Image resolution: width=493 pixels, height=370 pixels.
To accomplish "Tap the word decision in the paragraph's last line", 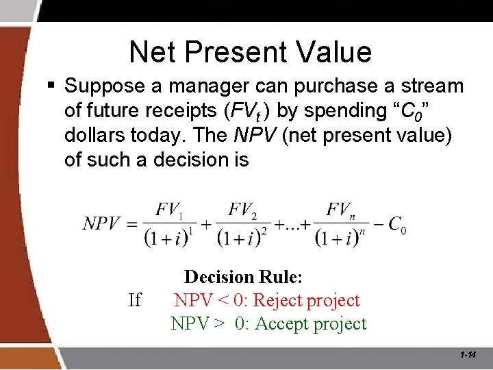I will point(191,160).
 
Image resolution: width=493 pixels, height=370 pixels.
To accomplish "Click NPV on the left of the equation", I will point(101,223).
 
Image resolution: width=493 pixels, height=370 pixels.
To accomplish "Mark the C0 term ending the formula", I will point(396,224).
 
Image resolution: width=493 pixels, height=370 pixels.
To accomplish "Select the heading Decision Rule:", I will point(243,277).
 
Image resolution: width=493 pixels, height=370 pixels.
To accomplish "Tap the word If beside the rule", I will point(134,300).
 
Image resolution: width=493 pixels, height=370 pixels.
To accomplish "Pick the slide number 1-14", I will point(468,355).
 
